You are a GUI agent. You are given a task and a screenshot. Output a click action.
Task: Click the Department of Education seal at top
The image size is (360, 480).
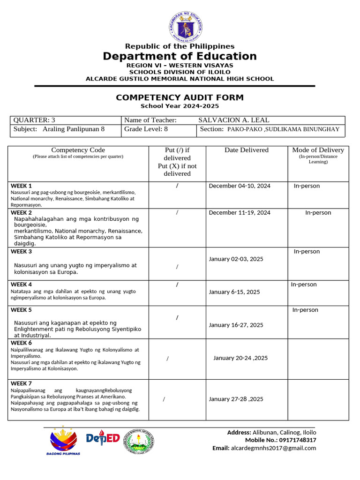[x=186, y=26]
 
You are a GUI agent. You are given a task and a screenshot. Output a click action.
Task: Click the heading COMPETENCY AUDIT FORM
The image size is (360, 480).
[x=180, y=97]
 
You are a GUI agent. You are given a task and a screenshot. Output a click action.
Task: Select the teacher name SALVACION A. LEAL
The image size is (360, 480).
[x=233, y=120]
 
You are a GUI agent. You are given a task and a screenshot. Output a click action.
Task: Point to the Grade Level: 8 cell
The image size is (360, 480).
[x=146, y=129]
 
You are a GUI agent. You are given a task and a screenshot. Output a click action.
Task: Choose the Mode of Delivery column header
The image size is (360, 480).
[x=318, y=150]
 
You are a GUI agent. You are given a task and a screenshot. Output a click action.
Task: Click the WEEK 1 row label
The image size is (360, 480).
[x=22, y=186]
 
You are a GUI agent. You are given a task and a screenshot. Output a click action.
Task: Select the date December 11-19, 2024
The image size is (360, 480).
[x=240, y=213]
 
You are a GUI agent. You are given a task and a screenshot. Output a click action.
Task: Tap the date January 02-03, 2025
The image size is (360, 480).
[x=236, y=259]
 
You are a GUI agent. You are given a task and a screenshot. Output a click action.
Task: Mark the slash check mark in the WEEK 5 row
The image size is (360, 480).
[x=177, y=318]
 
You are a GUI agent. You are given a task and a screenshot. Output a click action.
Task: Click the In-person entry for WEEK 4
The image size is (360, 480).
[x=304, y=285]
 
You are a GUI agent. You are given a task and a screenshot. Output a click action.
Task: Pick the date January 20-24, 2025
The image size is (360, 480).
[x=240, y=358]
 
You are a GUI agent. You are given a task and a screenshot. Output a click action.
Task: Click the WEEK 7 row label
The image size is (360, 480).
[x=22, y=383]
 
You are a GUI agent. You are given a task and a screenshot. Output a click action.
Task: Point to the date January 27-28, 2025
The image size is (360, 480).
[x=236, y=399]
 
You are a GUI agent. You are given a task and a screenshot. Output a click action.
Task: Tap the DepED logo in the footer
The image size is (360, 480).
[x=103, y=439]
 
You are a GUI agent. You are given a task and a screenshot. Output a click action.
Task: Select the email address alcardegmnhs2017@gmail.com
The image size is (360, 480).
[x=273, y=448]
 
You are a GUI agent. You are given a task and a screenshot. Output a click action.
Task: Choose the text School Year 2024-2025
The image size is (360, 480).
[x=180, y=106]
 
